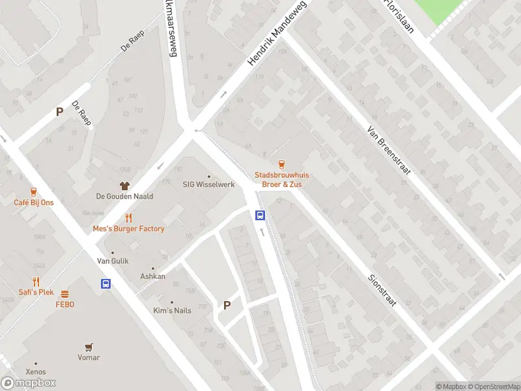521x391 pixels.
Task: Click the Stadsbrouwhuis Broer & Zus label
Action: (281, 179)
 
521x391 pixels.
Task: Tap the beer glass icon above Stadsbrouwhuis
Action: (281, 164)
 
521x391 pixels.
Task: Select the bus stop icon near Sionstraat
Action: (260, 216)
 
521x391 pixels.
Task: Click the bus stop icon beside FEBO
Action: (106, 283)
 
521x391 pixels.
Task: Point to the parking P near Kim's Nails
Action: (227, 304)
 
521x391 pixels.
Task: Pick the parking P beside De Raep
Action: (59, 111)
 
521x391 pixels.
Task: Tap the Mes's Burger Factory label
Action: (128, 229)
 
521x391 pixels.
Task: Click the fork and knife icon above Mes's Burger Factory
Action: (128, 218)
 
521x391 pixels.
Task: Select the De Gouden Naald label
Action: (124, 196)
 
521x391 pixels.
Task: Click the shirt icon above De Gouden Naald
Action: (124, 186)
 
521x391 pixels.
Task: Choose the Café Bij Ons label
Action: (34, 203)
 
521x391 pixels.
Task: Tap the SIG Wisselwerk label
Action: (208, 184)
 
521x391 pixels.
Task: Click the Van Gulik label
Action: (113, 261)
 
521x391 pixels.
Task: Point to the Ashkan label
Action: (153, 276)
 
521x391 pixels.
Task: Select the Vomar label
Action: (89, 357)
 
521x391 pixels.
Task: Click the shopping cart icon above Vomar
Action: (89, 347)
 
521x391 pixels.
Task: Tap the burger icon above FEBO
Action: (64, 294)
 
